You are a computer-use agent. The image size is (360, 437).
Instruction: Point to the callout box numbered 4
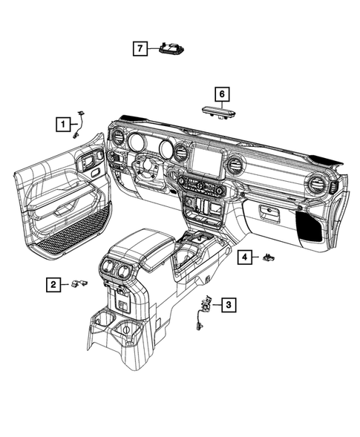tap(244, 257)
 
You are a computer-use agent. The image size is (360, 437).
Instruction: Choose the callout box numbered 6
tap(221, 94)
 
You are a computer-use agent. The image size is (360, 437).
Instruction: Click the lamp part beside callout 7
tap(171, 49)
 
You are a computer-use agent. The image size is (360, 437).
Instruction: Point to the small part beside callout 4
tap(269, 257)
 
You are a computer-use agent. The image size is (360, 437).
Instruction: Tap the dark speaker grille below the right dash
tap(310, 225)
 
